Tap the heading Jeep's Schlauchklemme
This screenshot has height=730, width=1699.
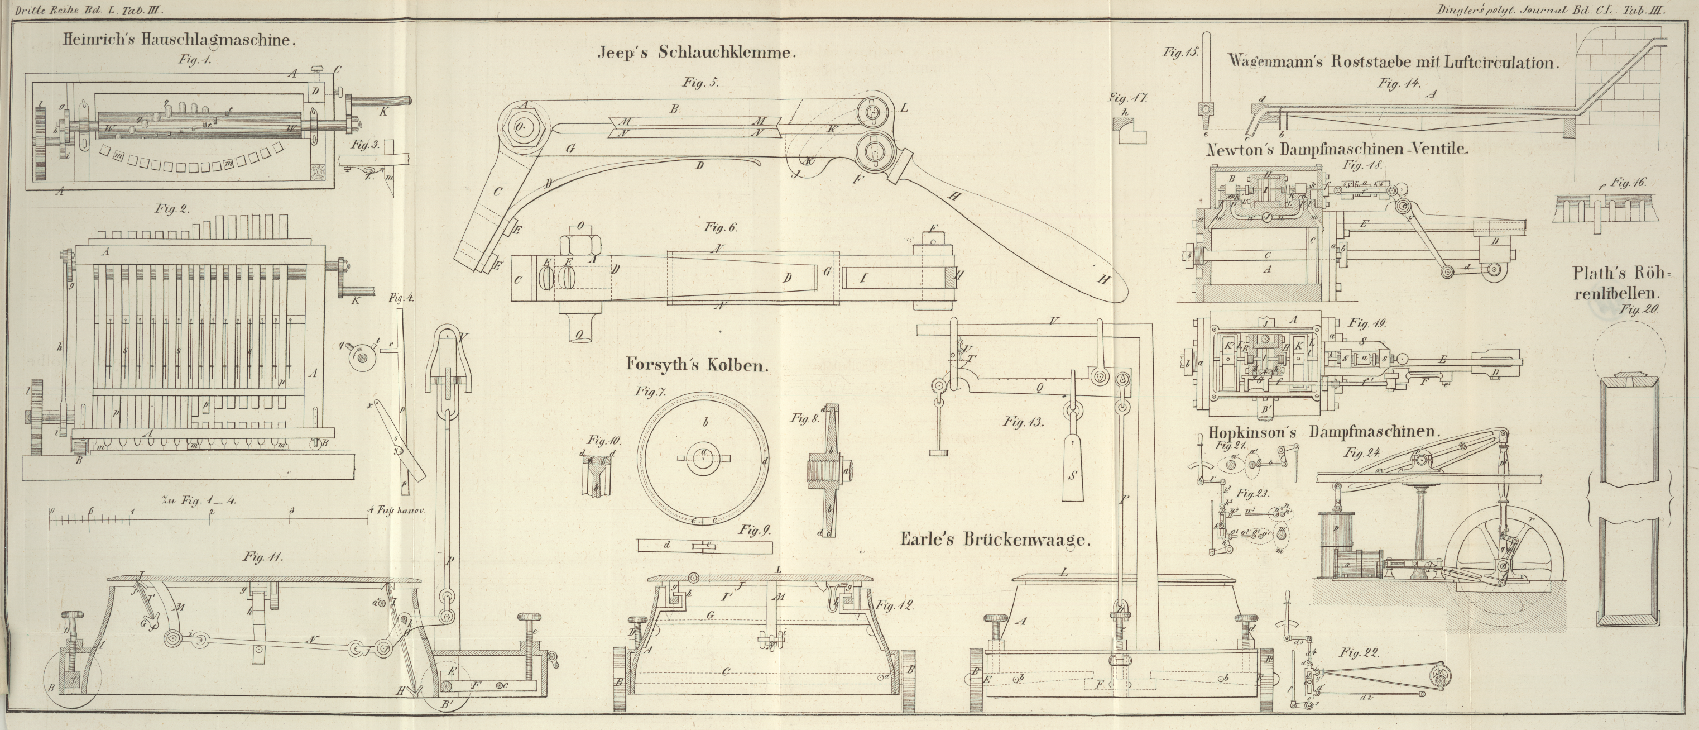(x=697, y=54)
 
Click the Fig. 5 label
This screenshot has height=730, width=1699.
(x=700, y=83)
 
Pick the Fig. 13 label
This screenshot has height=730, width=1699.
(x=1024, y=421)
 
